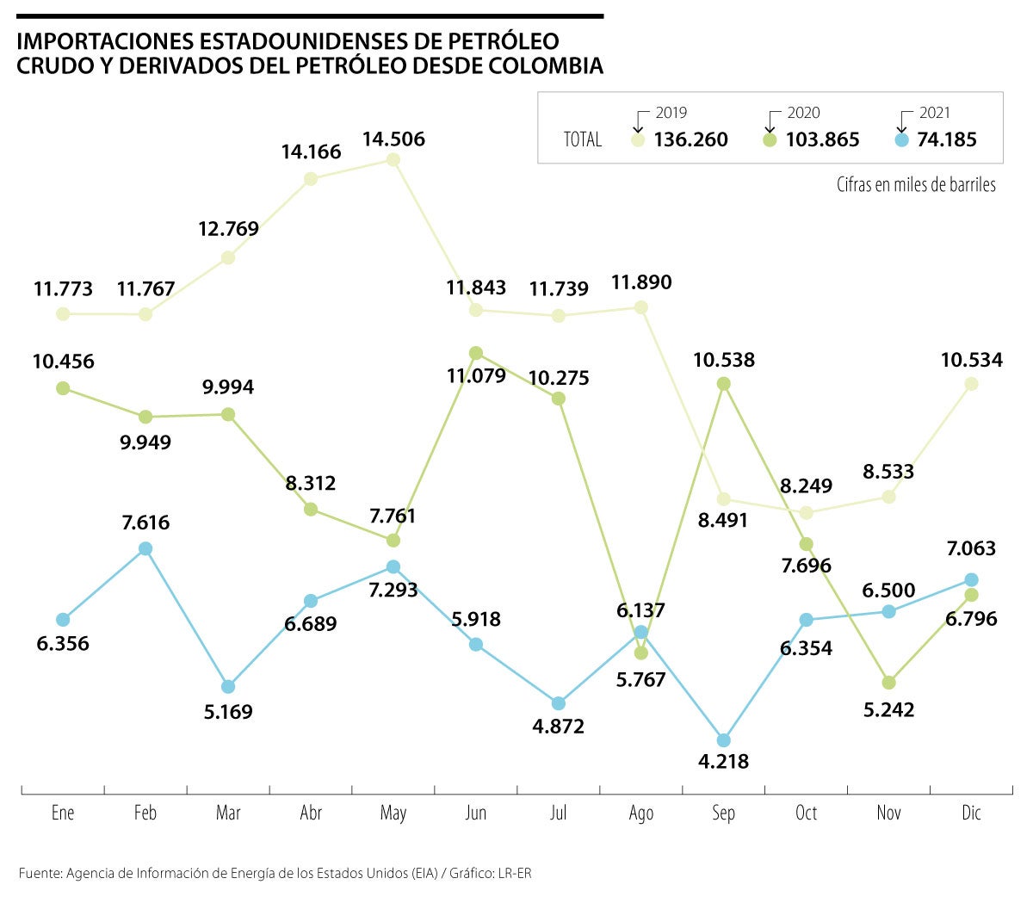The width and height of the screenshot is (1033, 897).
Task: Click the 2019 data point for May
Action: (393, 159)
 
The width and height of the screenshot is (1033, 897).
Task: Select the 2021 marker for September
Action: (724, 740)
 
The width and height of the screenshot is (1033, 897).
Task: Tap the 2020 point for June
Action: (476, 353)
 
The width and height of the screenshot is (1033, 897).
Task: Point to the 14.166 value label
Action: (311, 152)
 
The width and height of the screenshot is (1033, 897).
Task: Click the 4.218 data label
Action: (723, 762)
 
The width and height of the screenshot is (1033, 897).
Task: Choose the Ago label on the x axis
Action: (641, 813)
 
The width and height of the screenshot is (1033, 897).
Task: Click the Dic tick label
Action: (971, 813)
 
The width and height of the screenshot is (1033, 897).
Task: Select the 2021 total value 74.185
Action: (947, 139)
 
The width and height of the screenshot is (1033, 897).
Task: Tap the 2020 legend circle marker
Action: (770, 139)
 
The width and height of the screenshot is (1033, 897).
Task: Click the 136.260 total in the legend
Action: (690, 139)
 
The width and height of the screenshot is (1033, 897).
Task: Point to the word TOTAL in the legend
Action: (583, 139)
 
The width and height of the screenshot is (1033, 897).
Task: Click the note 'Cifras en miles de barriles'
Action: (916, 184)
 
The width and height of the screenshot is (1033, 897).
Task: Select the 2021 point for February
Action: (145, 548)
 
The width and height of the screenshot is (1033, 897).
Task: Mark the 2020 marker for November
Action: (889, 683)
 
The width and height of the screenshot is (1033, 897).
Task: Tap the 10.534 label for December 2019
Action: (972, 360)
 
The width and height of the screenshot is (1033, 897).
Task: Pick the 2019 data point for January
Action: (63, 314)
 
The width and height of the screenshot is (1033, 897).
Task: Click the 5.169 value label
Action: (227, 712)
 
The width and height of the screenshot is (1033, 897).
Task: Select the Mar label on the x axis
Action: (228, 813)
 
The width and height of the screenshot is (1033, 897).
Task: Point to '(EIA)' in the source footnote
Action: (424, 873)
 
